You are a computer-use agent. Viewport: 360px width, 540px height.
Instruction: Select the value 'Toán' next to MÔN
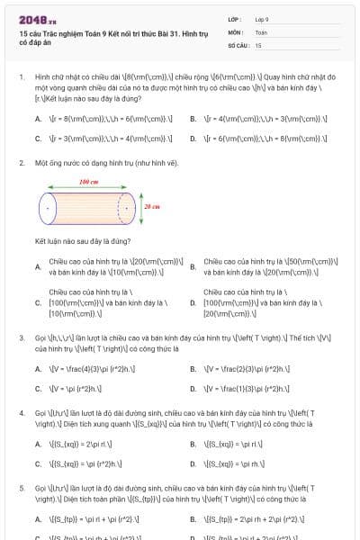(261, 31)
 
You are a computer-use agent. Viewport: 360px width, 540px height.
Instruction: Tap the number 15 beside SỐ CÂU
(258, 43)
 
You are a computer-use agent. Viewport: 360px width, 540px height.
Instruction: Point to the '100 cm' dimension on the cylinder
(88, 182)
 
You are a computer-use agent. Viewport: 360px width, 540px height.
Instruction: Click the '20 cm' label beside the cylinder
(150, 206)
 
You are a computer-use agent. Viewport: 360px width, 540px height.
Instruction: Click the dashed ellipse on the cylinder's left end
(46, 208)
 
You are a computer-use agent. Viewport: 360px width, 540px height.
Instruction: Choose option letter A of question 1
(38, 118)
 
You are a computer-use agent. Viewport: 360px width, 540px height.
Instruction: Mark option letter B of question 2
(193, 266)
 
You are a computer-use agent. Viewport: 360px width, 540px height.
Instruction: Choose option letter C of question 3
(38, 389)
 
